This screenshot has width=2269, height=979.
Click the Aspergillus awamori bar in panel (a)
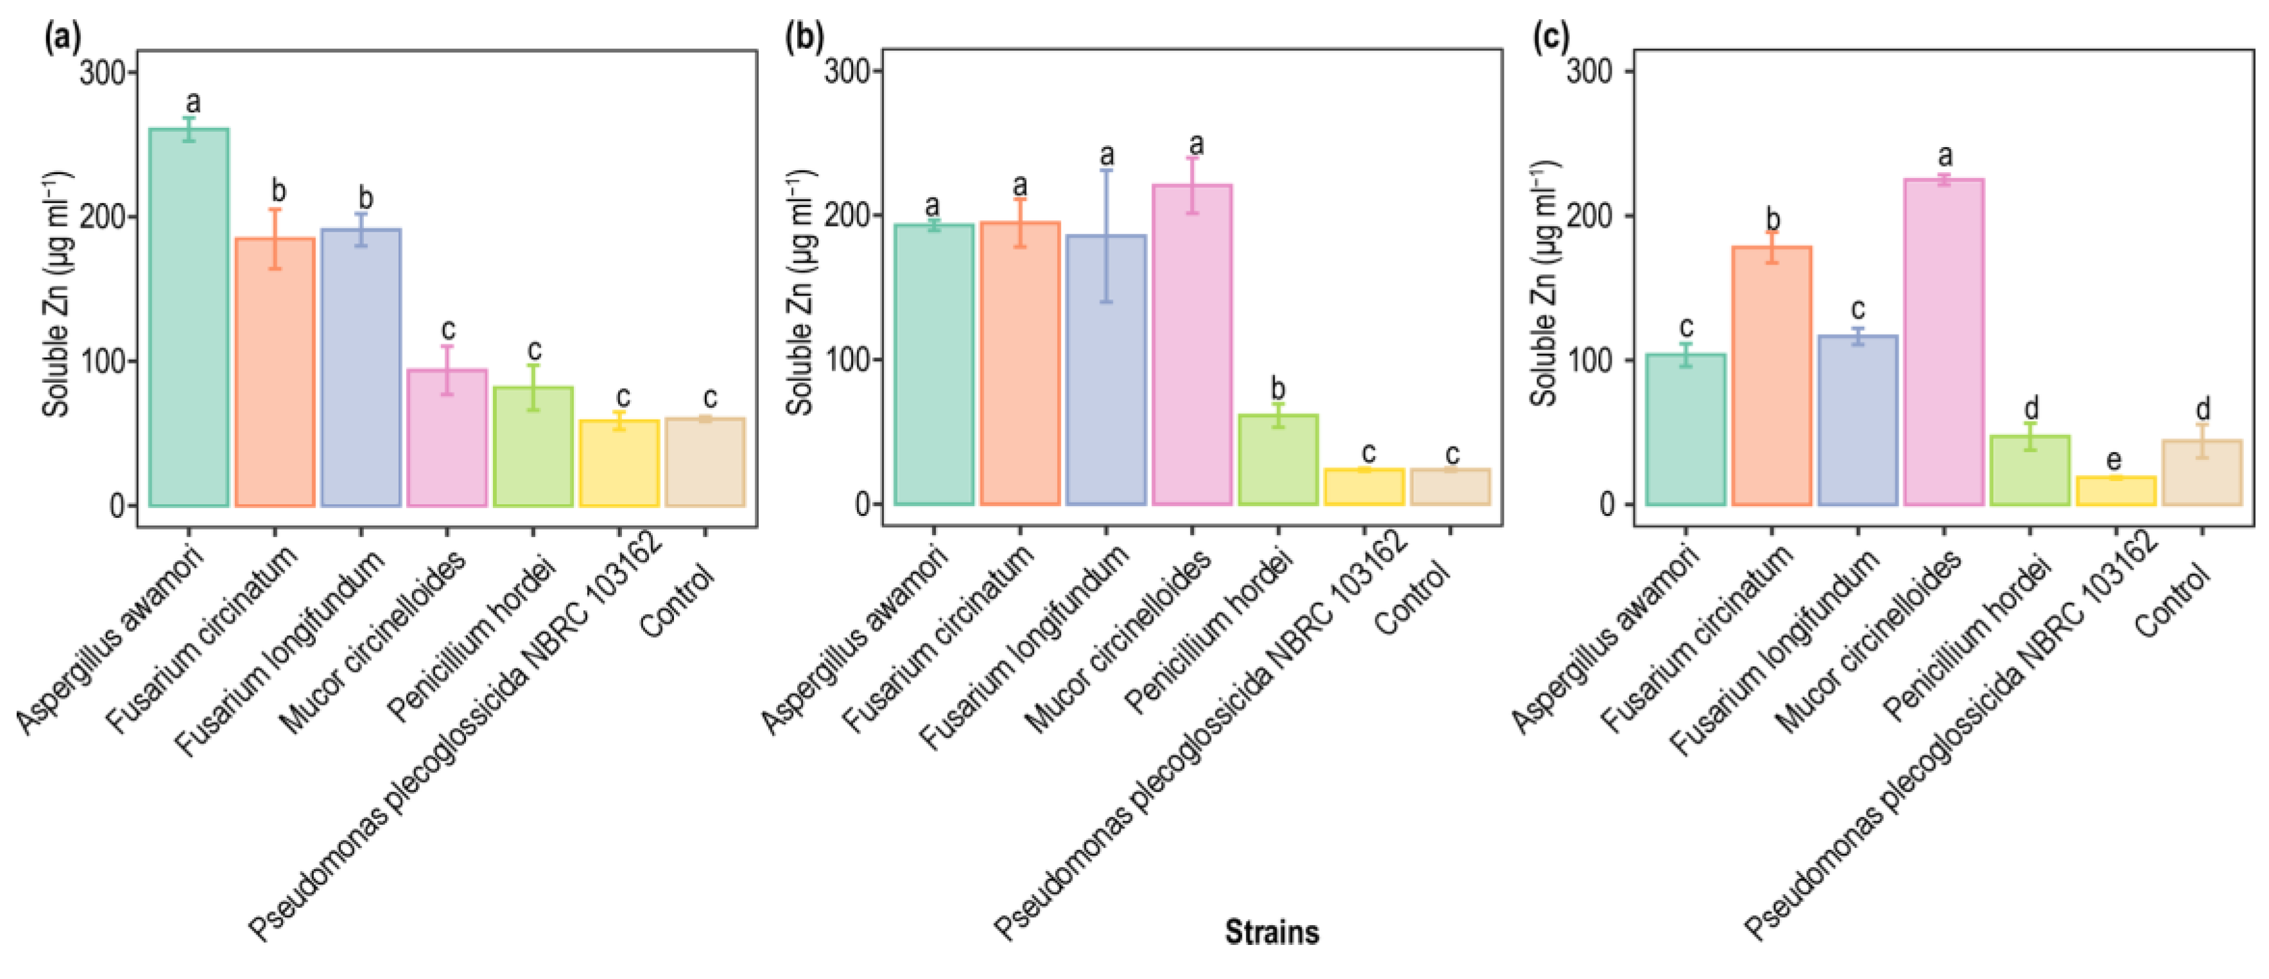pos(189,317)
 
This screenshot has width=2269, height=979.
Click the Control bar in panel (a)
pos(705,463)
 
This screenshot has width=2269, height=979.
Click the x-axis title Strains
pos(1272,931)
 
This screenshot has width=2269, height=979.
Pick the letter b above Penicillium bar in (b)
pos(1278,389)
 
